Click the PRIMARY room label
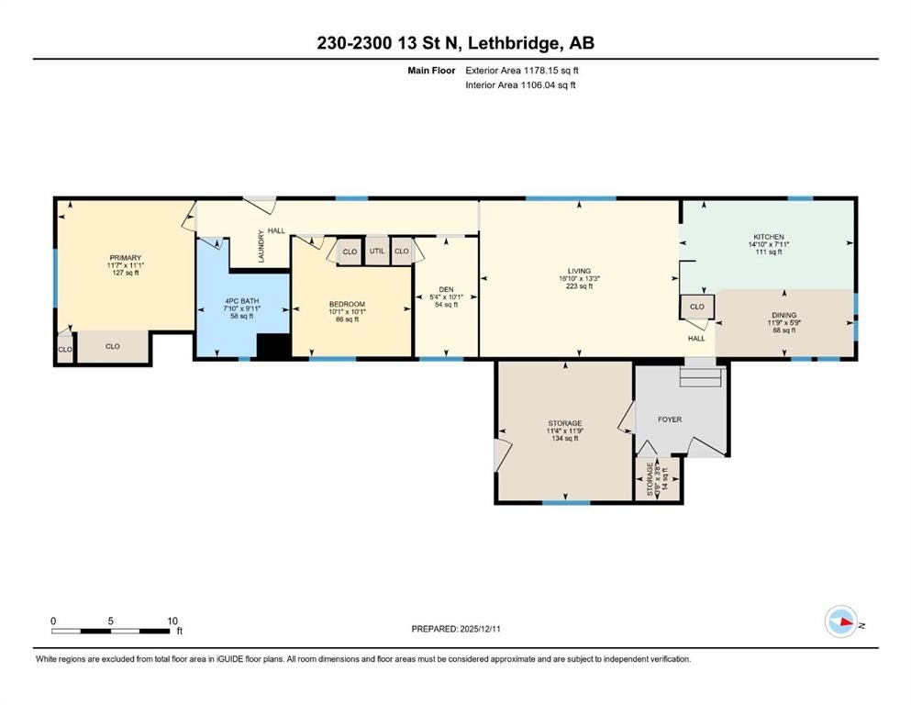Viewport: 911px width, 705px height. (x=125, y=257)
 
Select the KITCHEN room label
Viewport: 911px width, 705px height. (x=768, y=237)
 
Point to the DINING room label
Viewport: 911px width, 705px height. (x=783, y=316)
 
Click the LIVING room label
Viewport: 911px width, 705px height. (x=579, y=271)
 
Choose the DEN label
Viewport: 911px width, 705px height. (x=446, y=289)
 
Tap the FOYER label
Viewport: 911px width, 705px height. (x=670, y=420)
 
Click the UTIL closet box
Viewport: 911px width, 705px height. (x=377, y=251)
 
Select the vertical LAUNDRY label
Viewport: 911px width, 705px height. (x=261, y=246)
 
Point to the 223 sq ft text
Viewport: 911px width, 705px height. (x=579, y=286)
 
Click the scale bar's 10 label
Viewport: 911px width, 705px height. (x=172, y=621)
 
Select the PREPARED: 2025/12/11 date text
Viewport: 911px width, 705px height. (x=456, y=629)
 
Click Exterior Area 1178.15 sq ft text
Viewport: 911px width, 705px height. (x=522, y=70)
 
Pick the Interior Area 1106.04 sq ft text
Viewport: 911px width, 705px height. (x=521, y=85)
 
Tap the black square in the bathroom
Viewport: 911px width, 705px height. (x=272, y=346)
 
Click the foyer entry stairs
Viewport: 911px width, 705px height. (x=702, y=375)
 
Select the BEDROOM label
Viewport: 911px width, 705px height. (x=348, y=305)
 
